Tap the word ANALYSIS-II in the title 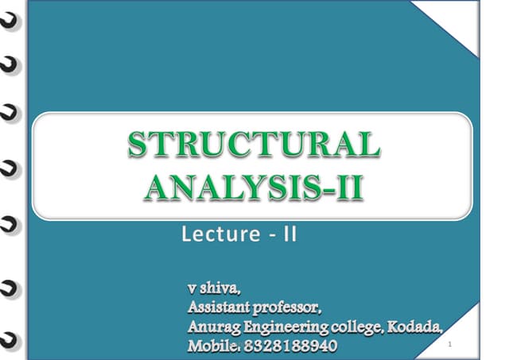click(254, 187)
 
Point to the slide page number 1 click(449, 344)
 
